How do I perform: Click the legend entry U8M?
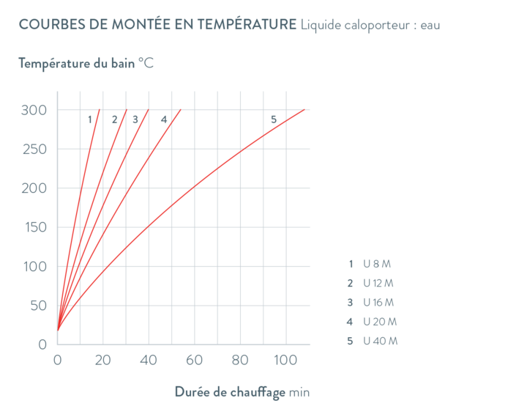373,264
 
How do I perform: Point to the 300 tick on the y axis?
34,110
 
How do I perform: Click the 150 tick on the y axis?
34,227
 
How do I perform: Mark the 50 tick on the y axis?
38,305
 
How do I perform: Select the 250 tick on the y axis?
34,150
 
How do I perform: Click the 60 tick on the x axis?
193,360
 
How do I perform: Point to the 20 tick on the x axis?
102,360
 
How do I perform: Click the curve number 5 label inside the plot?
274,119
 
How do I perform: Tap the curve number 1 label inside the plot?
89,119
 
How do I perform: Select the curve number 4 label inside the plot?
163,119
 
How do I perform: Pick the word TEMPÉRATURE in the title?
244,25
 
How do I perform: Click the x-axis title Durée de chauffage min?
242,392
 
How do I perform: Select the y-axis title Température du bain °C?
86,63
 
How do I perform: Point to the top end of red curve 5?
304,110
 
